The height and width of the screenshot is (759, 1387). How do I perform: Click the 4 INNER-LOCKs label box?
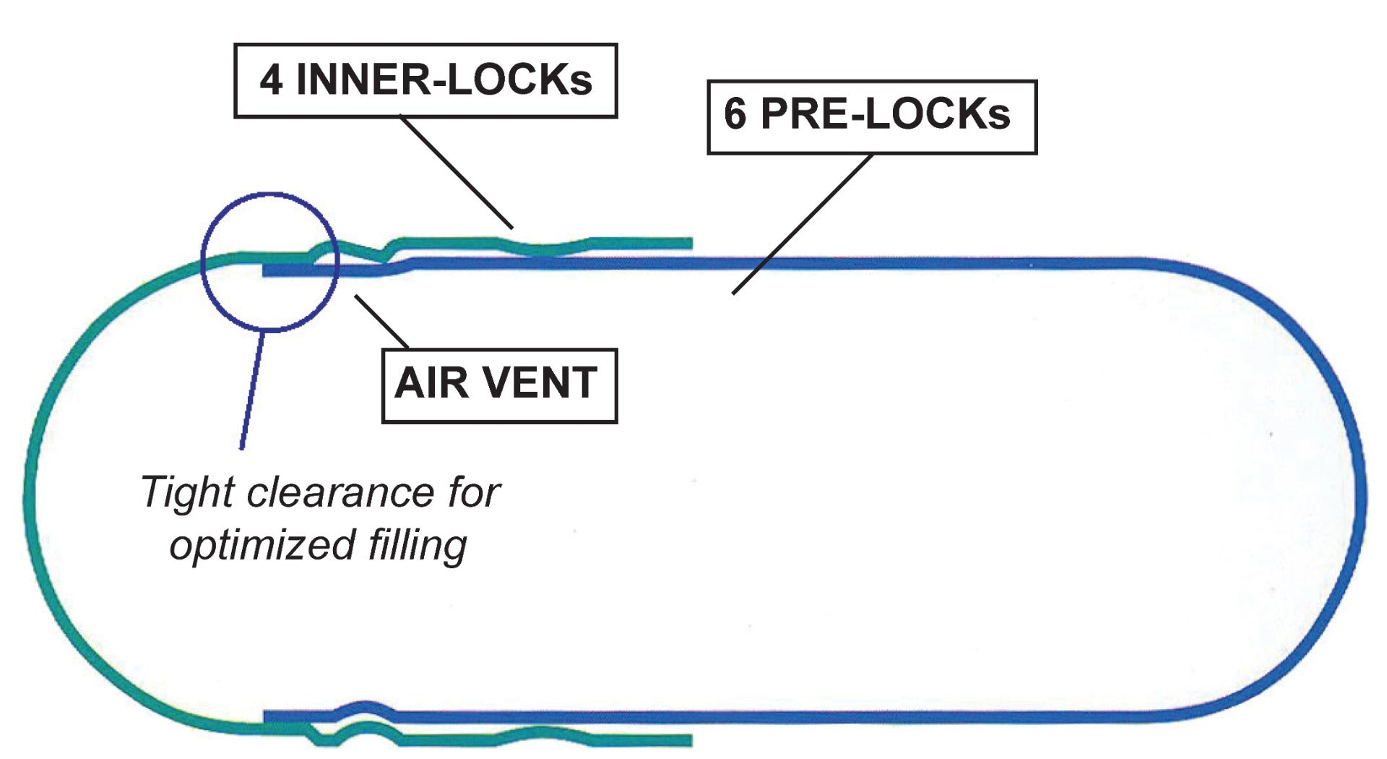(425, 80)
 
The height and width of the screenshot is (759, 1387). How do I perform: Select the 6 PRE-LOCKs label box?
(871, 116)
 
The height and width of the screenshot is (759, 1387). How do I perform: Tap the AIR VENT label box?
(498, 385)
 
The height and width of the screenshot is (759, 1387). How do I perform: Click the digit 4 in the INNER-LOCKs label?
(271, 80)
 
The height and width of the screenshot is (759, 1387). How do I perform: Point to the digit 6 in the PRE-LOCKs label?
(735, 115)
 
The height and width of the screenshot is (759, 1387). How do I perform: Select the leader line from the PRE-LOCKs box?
(802, 224)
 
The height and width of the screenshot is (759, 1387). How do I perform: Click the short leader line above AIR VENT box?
(381, 322)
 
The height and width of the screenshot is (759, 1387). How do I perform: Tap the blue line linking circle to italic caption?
(252, 390)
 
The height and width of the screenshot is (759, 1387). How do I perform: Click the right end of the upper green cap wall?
(689, 244)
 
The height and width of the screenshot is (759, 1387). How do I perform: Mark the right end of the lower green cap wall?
(689, 740)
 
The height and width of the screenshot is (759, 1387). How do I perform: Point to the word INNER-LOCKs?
(444, 80)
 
